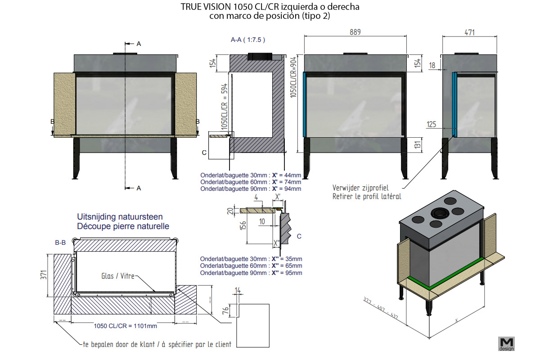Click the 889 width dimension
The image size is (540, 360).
pos(355,32)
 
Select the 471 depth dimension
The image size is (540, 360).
pos(470,32)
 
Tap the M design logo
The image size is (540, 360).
pos(506,343)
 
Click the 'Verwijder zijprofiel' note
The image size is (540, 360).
pos(360,188)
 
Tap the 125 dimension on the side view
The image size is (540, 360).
pos(432,124)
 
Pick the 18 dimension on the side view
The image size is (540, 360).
pos(432,66)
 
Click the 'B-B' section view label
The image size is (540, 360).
pos(60,243)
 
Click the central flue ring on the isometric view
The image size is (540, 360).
pos(437,212)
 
